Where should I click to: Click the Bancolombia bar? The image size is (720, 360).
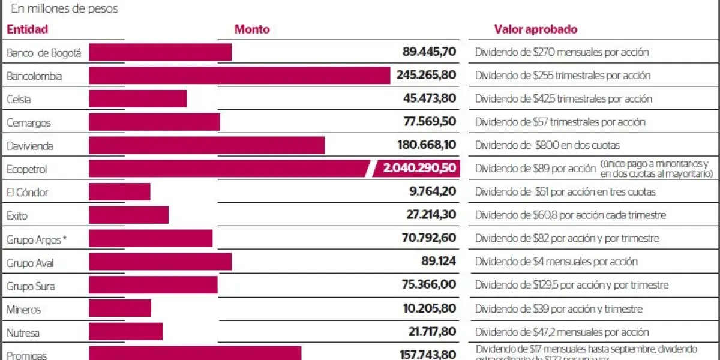point(239,76)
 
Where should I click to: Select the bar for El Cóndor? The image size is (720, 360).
point(119,192)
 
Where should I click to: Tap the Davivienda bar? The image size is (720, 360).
point(206,145)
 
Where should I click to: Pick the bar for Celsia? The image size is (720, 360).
point(137,99)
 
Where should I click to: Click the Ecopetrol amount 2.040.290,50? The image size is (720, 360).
point(419,169)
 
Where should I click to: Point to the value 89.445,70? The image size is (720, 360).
point(429,52)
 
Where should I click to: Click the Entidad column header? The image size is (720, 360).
point(27,29)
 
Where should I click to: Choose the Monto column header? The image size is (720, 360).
point(252,29)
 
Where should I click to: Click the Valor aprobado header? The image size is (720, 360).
point(535,29)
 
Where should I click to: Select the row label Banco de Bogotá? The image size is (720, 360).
point(43,53)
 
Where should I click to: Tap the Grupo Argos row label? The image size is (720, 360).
point(36,239)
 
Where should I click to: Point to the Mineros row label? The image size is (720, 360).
point(23,310)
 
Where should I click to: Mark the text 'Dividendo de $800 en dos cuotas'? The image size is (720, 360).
point(547,145)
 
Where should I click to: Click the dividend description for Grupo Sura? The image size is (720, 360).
point(571,285)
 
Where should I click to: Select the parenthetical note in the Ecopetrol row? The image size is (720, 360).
point(656,169)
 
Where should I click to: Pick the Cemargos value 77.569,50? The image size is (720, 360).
point(430,122)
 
